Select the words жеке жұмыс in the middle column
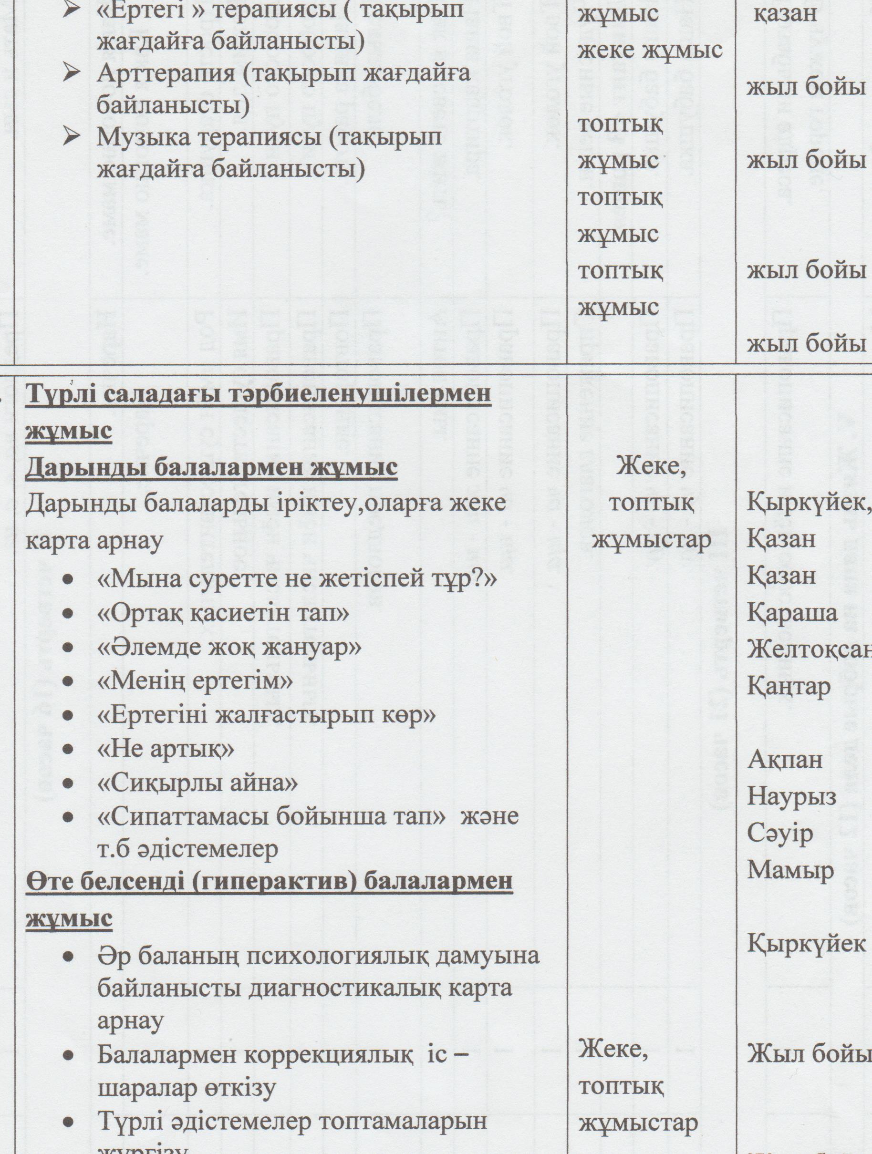(x=650, y=50)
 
